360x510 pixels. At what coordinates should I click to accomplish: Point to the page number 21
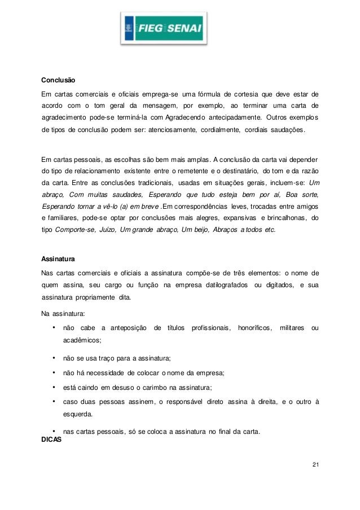point(315,464)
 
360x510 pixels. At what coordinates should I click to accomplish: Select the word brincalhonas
point(287,218)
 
